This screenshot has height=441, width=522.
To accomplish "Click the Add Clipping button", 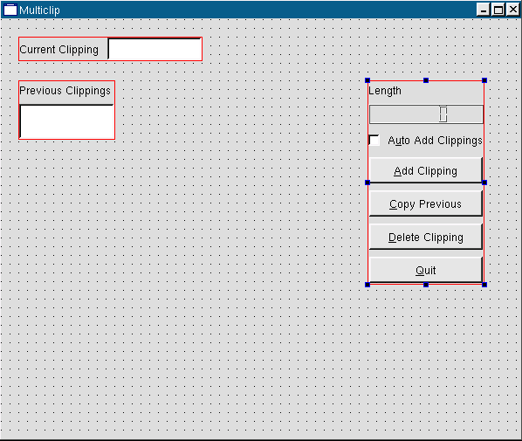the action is coord(426,170).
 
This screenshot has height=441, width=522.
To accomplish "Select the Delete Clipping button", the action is coord(426,237).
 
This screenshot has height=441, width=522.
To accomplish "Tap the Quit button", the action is coord(426,270).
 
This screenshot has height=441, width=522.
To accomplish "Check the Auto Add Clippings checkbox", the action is coord(374,141).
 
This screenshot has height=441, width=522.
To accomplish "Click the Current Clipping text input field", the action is coord(155,49).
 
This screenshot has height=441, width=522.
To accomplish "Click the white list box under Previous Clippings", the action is coord(66,121).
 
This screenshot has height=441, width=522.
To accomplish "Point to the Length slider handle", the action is coord(443,114).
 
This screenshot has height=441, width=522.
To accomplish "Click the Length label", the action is coord(385,91).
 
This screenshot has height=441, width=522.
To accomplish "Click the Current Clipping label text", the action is coord(59,50).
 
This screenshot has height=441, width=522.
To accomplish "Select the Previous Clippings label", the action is coord(65,91).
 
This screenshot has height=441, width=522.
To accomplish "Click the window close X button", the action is coord(513,10).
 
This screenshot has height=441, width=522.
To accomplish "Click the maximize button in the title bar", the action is coord(498,10).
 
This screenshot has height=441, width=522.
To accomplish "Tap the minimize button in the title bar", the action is coord(484,10).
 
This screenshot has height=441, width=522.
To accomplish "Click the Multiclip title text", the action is coord(39,10).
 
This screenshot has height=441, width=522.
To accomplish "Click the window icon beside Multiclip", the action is coord(10,10).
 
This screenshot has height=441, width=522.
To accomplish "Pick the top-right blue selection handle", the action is coord(484,80).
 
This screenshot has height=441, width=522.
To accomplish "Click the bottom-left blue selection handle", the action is coord(367,285).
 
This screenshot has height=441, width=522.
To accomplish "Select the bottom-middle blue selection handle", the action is coord(426,285).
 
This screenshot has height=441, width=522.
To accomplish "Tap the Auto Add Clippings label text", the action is coord(435,141).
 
